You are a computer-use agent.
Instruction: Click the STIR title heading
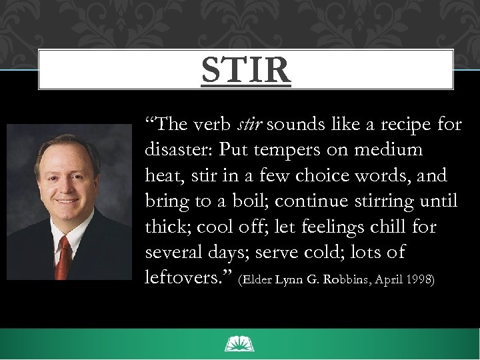(x=246, y=70)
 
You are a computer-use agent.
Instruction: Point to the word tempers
(x=287, y=151)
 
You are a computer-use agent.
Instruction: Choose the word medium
(x=389, y=150)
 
